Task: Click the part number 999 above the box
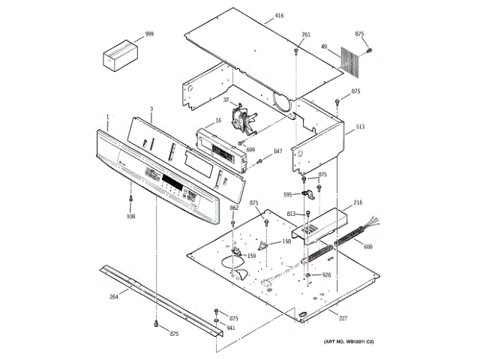(149, 35)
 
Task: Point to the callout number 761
(306, 34)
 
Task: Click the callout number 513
(360, 127)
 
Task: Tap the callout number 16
(218, 120)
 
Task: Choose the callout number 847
(277, 151)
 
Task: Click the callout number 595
(287, 195)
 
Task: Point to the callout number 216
(358, 202)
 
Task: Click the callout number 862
(234, 208)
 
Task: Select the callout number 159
(251, 256)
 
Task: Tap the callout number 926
(326, 274)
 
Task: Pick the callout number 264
(113, 297)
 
